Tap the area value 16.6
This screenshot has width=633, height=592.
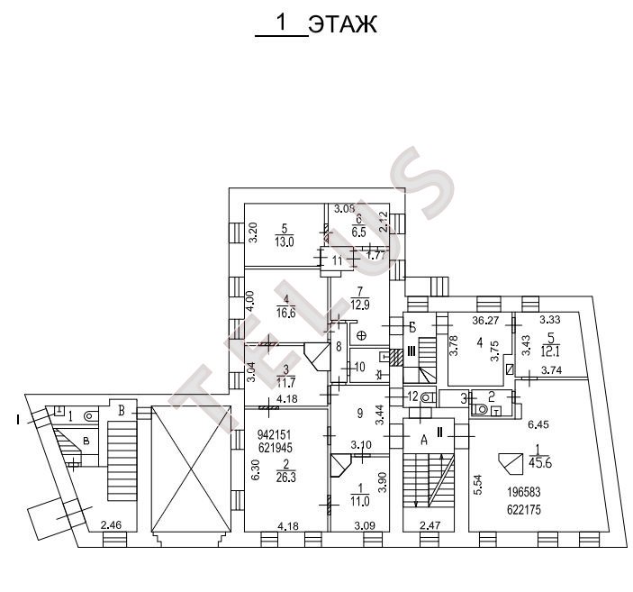tap(286, 313)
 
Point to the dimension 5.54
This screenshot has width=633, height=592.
tap(477, 487)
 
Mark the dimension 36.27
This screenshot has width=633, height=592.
tap(485, 319)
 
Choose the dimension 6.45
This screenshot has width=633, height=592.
tap(538, 424)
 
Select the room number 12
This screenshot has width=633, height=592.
tap(411, 396)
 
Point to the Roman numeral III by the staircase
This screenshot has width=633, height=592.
tap(410, 351)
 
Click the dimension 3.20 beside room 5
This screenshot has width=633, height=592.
tap(254, 233)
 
